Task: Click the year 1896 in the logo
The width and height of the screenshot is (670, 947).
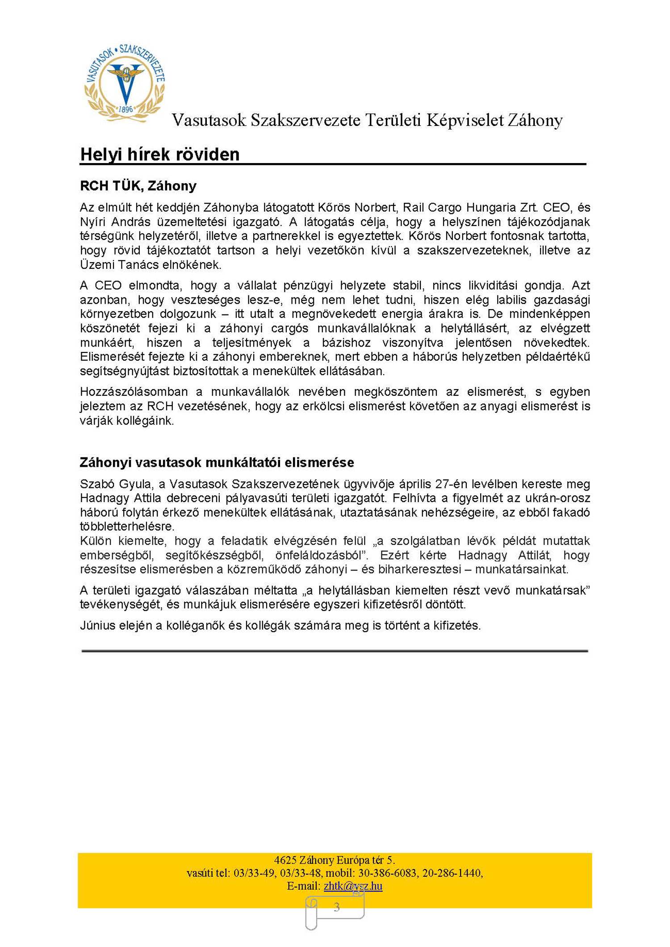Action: (126, 109)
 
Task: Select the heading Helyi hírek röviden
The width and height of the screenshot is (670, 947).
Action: (159, 155)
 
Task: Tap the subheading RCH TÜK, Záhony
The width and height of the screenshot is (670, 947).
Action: (138, 186)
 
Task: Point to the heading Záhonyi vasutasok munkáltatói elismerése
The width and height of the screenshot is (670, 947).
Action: (217, 462)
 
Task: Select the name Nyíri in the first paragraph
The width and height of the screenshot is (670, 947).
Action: (92, 222)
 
